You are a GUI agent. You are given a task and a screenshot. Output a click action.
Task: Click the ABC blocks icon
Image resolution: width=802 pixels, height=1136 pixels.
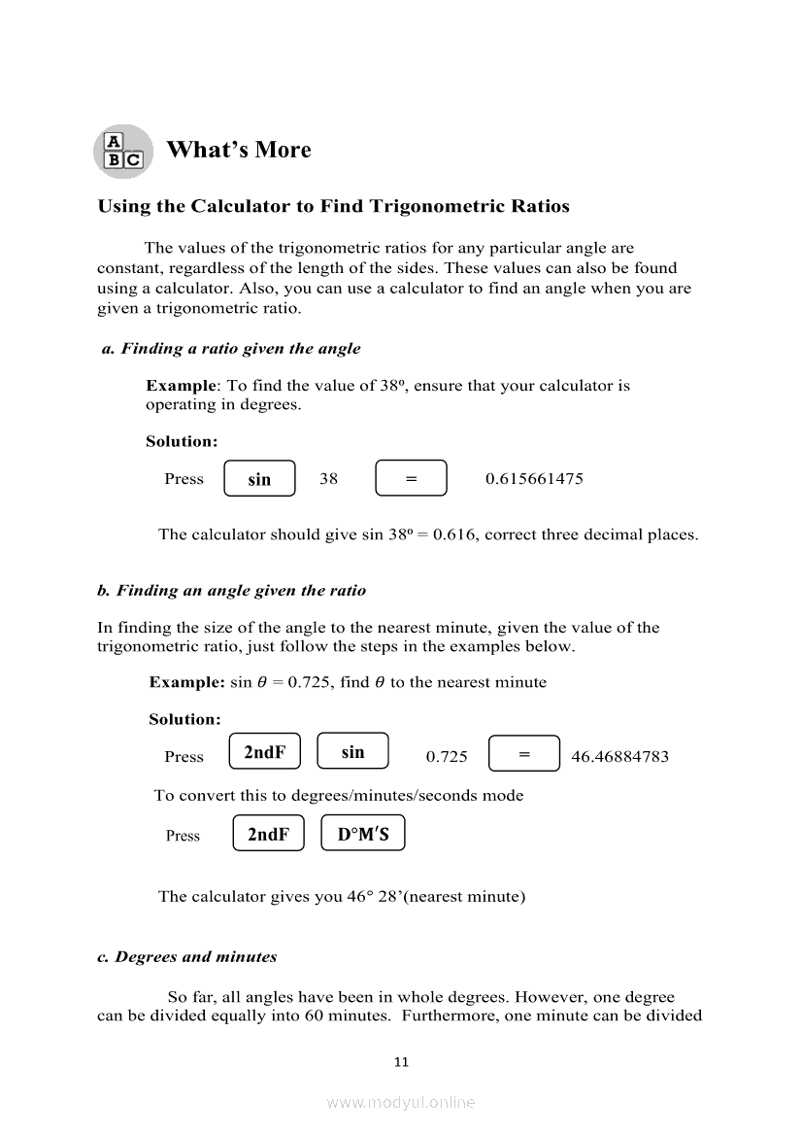pos(122,152)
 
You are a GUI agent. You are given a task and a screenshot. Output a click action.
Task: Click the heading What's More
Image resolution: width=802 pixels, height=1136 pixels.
pos(239,150)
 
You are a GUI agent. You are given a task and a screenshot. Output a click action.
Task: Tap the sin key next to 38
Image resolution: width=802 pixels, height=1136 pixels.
pos(259,479)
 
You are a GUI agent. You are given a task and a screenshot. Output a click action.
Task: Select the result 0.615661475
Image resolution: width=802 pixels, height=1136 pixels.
pos(534,479)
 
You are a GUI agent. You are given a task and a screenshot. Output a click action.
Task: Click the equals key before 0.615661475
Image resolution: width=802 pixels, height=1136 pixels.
pos(411,478)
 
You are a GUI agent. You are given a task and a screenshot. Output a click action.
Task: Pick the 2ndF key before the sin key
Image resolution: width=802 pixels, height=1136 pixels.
pos(264,752)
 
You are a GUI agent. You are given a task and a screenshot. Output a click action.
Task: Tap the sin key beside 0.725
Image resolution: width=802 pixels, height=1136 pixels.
pos(352,751)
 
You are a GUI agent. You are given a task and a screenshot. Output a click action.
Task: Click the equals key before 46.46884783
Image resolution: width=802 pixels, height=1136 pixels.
pos(524,754)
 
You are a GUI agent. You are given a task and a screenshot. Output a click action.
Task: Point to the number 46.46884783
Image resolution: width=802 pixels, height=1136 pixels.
pos(619,757)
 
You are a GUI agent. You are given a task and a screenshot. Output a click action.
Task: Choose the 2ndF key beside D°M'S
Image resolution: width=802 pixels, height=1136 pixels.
pos(268,834)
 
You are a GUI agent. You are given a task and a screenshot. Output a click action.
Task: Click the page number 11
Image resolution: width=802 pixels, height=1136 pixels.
pos(401,1062)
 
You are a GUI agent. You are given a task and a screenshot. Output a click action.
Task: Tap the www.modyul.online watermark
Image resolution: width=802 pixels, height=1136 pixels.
pos(401,1102)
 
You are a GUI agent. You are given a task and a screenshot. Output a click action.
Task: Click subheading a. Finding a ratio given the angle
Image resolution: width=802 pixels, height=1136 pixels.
pos(231,349)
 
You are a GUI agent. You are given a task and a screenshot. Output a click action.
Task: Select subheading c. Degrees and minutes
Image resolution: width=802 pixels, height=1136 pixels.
pos(187,957)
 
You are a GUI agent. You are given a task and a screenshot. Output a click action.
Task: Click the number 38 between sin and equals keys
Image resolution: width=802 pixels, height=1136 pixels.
pos(329,479)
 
